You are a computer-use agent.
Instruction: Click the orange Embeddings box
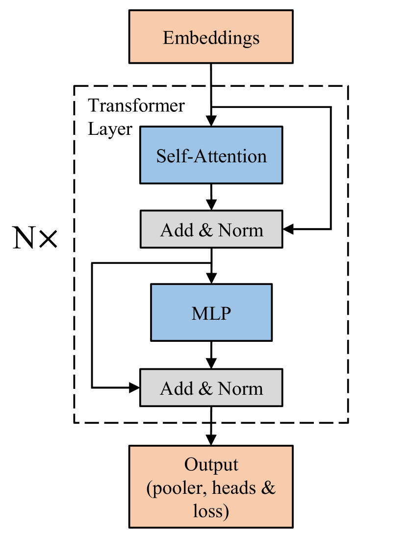tap(211, 37)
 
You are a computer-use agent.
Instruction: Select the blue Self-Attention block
tap(211, 155)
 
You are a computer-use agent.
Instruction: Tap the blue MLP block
tap(211, 312)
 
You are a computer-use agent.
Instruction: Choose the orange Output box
tap(211, 486)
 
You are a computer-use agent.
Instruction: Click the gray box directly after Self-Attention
tap(211, 229)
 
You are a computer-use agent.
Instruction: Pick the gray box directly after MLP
tap(211, 388)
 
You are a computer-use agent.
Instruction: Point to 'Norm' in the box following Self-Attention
tap(240, 230)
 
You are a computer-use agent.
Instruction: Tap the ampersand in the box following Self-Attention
tap(205, 230)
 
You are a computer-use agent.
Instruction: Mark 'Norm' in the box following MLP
tap(240, 389)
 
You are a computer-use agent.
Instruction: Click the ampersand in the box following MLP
tap(205, 389)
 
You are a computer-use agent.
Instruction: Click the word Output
tap(211, 465)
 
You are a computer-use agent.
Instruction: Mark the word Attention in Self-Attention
tap(231, 156)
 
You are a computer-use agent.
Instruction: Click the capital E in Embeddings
tap(168, 38)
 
